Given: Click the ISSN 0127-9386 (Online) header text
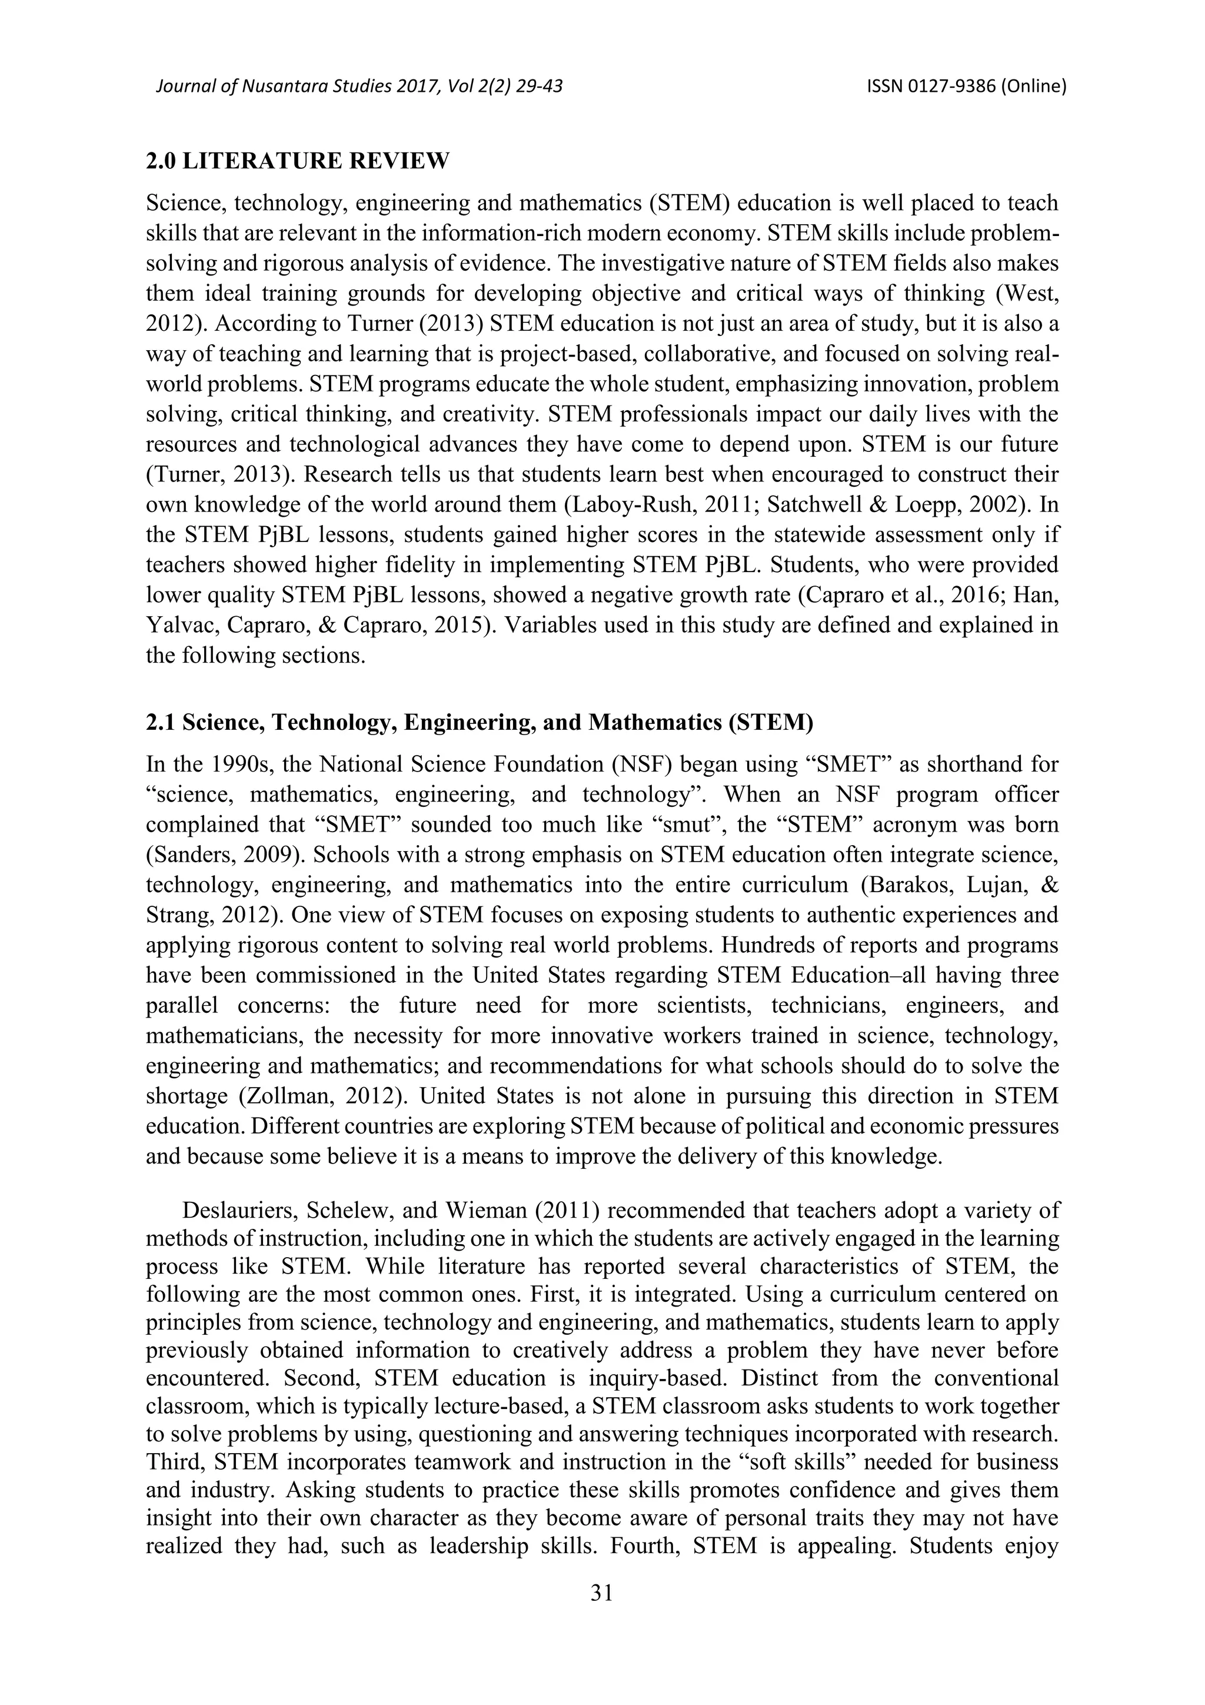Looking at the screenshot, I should (x=966, y=87).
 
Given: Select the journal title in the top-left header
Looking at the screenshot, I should (x=358, y=87).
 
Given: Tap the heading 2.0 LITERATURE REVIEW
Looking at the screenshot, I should (x=298, y=161).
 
